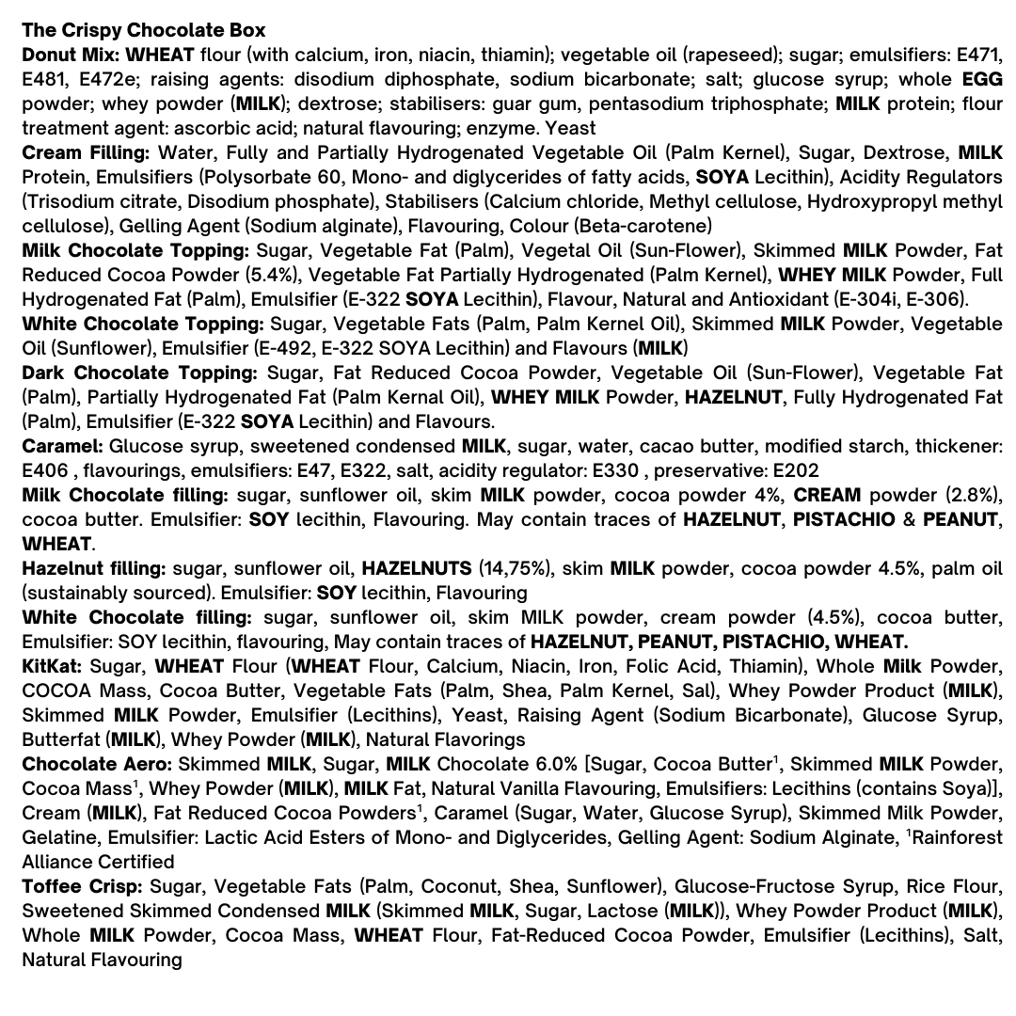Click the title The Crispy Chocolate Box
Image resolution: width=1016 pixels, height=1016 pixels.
[x=143, y=30]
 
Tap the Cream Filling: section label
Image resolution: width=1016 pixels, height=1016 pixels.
[x=86, y=152]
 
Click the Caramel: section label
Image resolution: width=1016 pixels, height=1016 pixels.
[x=62, y=446]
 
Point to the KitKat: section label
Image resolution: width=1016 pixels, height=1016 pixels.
[x=53, y=666]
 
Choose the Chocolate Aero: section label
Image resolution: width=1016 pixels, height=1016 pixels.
[x=97, y=764]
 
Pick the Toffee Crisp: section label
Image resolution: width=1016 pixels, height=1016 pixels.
[x=82, y=886]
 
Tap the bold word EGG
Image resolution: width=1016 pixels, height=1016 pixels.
[x=982, y=79]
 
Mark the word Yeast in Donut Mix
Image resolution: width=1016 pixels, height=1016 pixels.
[x=570, y=128]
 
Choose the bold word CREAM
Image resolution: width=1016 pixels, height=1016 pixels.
[x=827, y=495]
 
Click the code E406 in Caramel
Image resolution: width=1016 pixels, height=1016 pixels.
[x=45, y=470]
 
